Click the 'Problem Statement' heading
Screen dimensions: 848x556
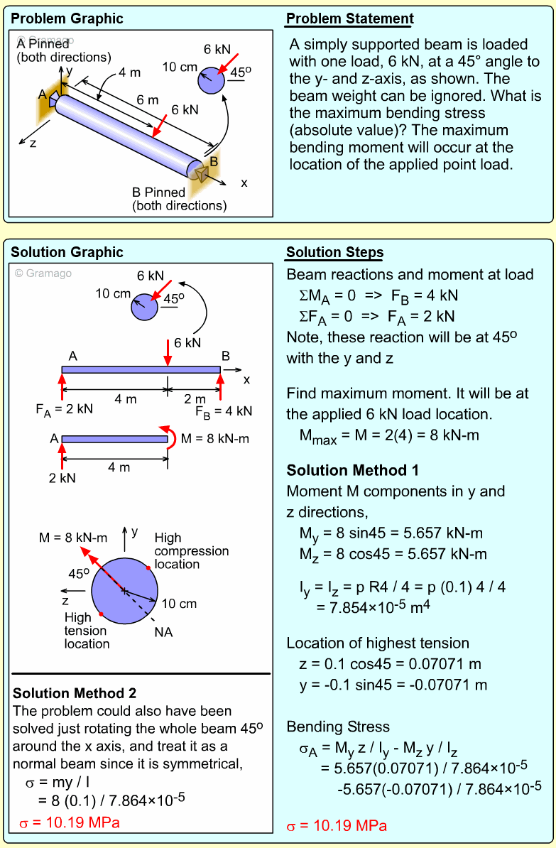tap(349, 18)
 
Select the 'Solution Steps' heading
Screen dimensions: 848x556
tap(334, 252)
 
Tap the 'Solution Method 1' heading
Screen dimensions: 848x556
tap(352, 470)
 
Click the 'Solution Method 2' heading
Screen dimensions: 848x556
tap(75, 693)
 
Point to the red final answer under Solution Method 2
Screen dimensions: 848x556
tap(69, 823)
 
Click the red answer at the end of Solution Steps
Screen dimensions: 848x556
tap(337, 826)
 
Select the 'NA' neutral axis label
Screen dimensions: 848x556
tap(163, 632)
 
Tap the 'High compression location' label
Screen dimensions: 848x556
tap(191, 551)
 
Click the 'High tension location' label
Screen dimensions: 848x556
tap(87, 631)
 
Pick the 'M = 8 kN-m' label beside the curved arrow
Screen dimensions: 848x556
tap(214, 439)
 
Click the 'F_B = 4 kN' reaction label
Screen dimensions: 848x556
tap(224, 411)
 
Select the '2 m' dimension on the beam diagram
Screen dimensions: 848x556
tap(194, 399)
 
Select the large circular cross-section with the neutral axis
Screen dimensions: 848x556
tap(124, 591)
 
